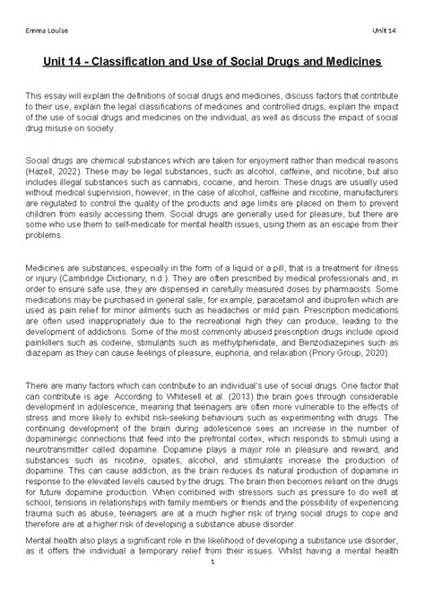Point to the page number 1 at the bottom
[x=212, y=588]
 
